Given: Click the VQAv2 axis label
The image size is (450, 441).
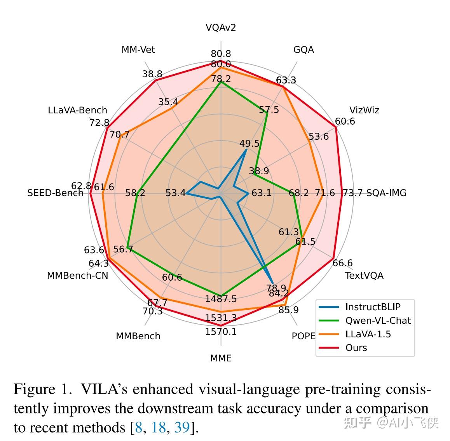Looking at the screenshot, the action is point(221,28).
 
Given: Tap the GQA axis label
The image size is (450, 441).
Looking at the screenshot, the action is point(303,50).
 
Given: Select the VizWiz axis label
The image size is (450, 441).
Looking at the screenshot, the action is point(364,110).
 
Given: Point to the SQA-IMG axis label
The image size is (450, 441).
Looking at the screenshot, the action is point(386,193).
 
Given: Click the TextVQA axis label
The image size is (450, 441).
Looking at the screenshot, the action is point(364,276).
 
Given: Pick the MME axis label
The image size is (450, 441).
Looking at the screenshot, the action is point(221,358).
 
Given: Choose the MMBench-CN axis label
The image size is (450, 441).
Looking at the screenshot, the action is point(77,276).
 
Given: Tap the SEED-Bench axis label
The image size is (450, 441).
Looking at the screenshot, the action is point(55,193).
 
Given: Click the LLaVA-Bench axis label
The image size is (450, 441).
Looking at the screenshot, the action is point(77,110).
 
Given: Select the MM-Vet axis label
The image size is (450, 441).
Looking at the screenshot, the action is point(138,50).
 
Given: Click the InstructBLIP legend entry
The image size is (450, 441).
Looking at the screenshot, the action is point(372,307).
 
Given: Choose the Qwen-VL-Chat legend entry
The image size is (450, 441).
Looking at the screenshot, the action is point(377,321).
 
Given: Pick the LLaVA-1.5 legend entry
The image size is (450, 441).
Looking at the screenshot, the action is point(368,334).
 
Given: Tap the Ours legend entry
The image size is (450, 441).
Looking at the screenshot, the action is point(356,348).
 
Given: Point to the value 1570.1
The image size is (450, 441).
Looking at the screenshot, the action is point(221,332).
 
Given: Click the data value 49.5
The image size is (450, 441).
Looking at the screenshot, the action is point(249,144).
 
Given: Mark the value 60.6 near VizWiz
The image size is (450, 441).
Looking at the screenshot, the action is point(345,122).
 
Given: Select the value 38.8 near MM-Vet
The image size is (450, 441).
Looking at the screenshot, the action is point(152,74).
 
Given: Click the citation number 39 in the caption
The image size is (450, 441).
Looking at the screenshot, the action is point(181,428).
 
